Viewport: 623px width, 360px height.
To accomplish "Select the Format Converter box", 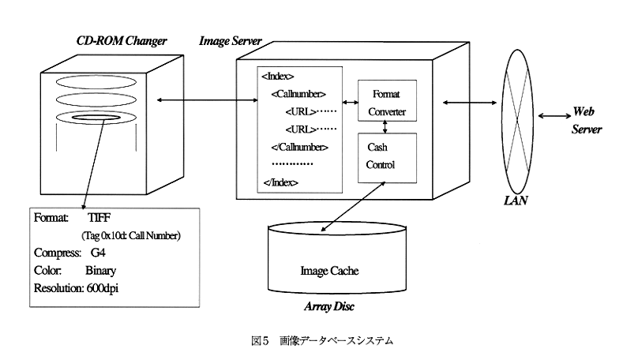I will coord(387,102).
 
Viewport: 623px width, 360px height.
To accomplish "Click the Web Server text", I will coord(586,121).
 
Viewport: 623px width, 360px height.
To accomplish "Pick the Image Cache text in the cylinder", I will coord(329,271).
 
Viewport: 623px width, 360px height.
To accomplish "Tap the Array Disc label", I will coord(330,306).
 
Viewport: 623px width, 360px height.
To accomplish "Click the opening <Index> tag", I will coord(277,77).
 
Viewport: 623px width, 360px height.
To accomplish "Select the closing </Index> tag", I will coord(280,182).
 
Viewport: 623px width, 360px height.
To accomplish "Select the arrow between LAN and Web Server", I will coord(553,116).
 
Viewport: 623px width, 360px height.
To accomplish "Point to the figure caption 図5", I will coord(261,341).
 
